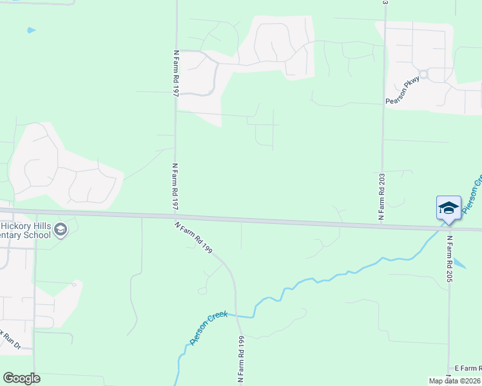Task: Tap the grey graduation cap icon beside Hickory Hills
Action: [61, 230]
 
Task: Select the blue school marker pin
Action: [448, 208]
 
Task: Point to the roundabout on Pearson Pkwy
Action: [423, 74]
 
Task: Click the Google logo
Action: [21, 378]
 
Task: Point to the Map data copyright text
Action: [455, 381]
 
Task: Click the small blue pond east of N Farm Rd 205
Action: [459, 263]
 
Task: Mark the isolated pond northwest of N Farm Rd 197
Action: [30, 30]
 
